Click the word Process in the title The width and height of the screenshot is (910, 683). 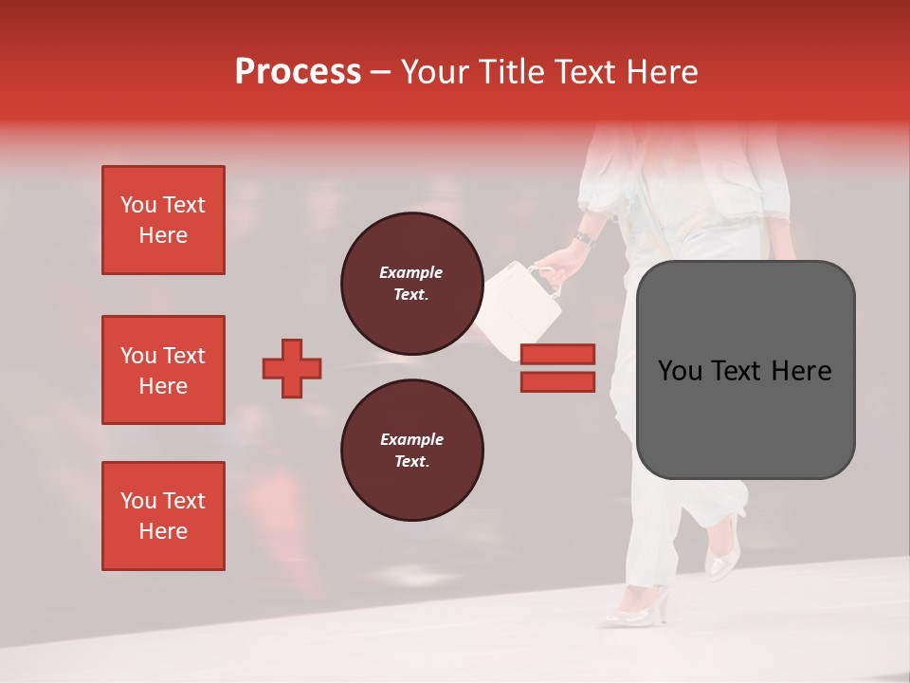298,72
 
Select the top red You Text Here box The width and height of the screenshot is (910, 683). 163,220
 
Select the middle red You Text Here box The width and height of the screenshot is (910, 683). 163,370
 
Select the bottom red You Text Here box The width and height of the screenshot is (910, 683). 163,516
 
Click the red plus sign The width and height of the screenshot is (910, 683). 292,368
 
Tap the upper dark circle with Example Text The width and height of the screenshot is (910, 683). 411,283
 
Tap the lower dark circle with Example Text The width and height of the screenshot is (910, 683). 411,450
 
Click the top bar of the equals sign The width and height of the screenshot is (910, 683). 557,354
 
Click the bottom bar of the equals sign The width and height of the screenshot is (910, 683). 557,381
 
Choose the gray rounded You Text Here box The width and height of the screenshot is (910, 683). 745,370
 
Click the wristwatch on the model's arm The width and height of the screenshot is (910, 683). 584,238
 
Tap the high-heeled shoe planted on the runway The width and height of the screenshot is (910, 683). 637,607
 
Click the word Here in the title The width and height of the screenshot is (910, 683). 663,72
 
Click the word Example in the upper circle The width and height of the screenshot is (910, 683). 411,272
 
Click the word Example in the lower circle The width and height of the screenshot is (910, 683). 411,439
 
